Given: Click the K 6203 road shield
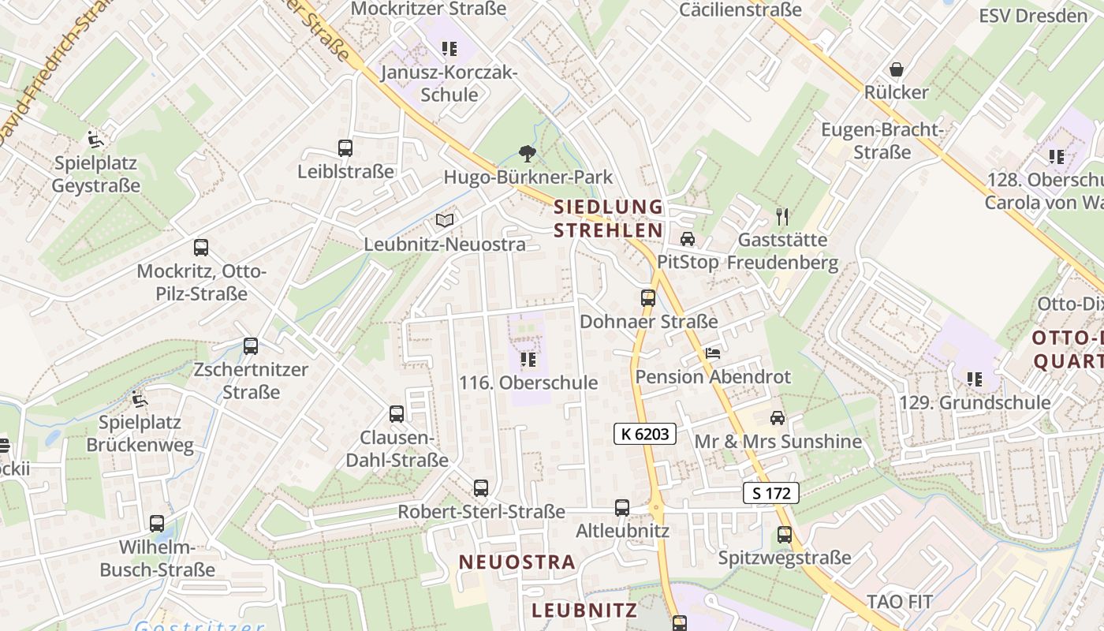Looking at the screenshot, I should click(x=645, y=433).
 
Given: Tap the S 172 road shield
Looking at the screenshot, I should click(x=771, y=493).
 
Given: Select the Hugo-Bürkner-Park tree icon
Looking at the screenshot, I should click(x=527, y=154).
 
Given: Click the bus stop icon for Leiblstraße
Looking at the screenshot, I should click(x=345, y=147).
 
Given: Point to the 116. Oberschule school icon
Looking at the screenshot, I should click(x=528, y=360).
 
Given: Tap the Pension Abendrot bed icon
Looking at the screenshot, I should click(x=713, y=353).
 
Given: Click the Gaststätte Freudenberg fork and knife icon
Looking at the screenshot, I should click(x=782, y=216).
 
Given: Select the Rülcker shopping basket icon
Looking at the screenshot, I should click(x=896, y=69).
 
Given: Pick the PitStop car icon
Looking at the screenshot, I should click(x=688, y=238).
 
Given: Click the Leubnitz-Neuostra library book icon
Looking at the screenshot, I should click(x=445, y=221).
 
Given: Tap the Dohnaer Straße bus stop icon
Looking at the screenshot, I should click(x=648, y=298).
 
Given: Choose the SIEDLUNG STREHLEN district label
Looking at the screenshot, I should click(x=608, y=218).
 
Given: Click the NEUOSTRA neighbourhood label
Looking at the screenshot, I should click(x=517, y=562).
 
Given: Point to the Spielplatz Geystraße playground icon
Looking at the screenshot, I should click(x=96, y=140).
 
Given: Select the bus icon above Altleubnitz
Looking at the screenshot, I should click(x=622, y=507).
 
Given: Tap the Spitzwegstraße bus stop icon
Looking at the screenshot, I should click(x=785, y=534).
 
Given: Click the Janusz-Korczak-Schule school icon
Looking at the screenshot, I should click(x=449, y=50).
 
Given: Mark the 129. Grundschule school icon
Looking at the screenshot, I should click(x=975, y=379).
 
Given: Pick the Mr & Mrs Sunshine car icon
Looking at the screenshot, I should click(x=778, y=417).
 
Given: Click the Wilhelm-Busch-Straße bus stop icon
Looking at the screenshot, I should click(x=157, y=523).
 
